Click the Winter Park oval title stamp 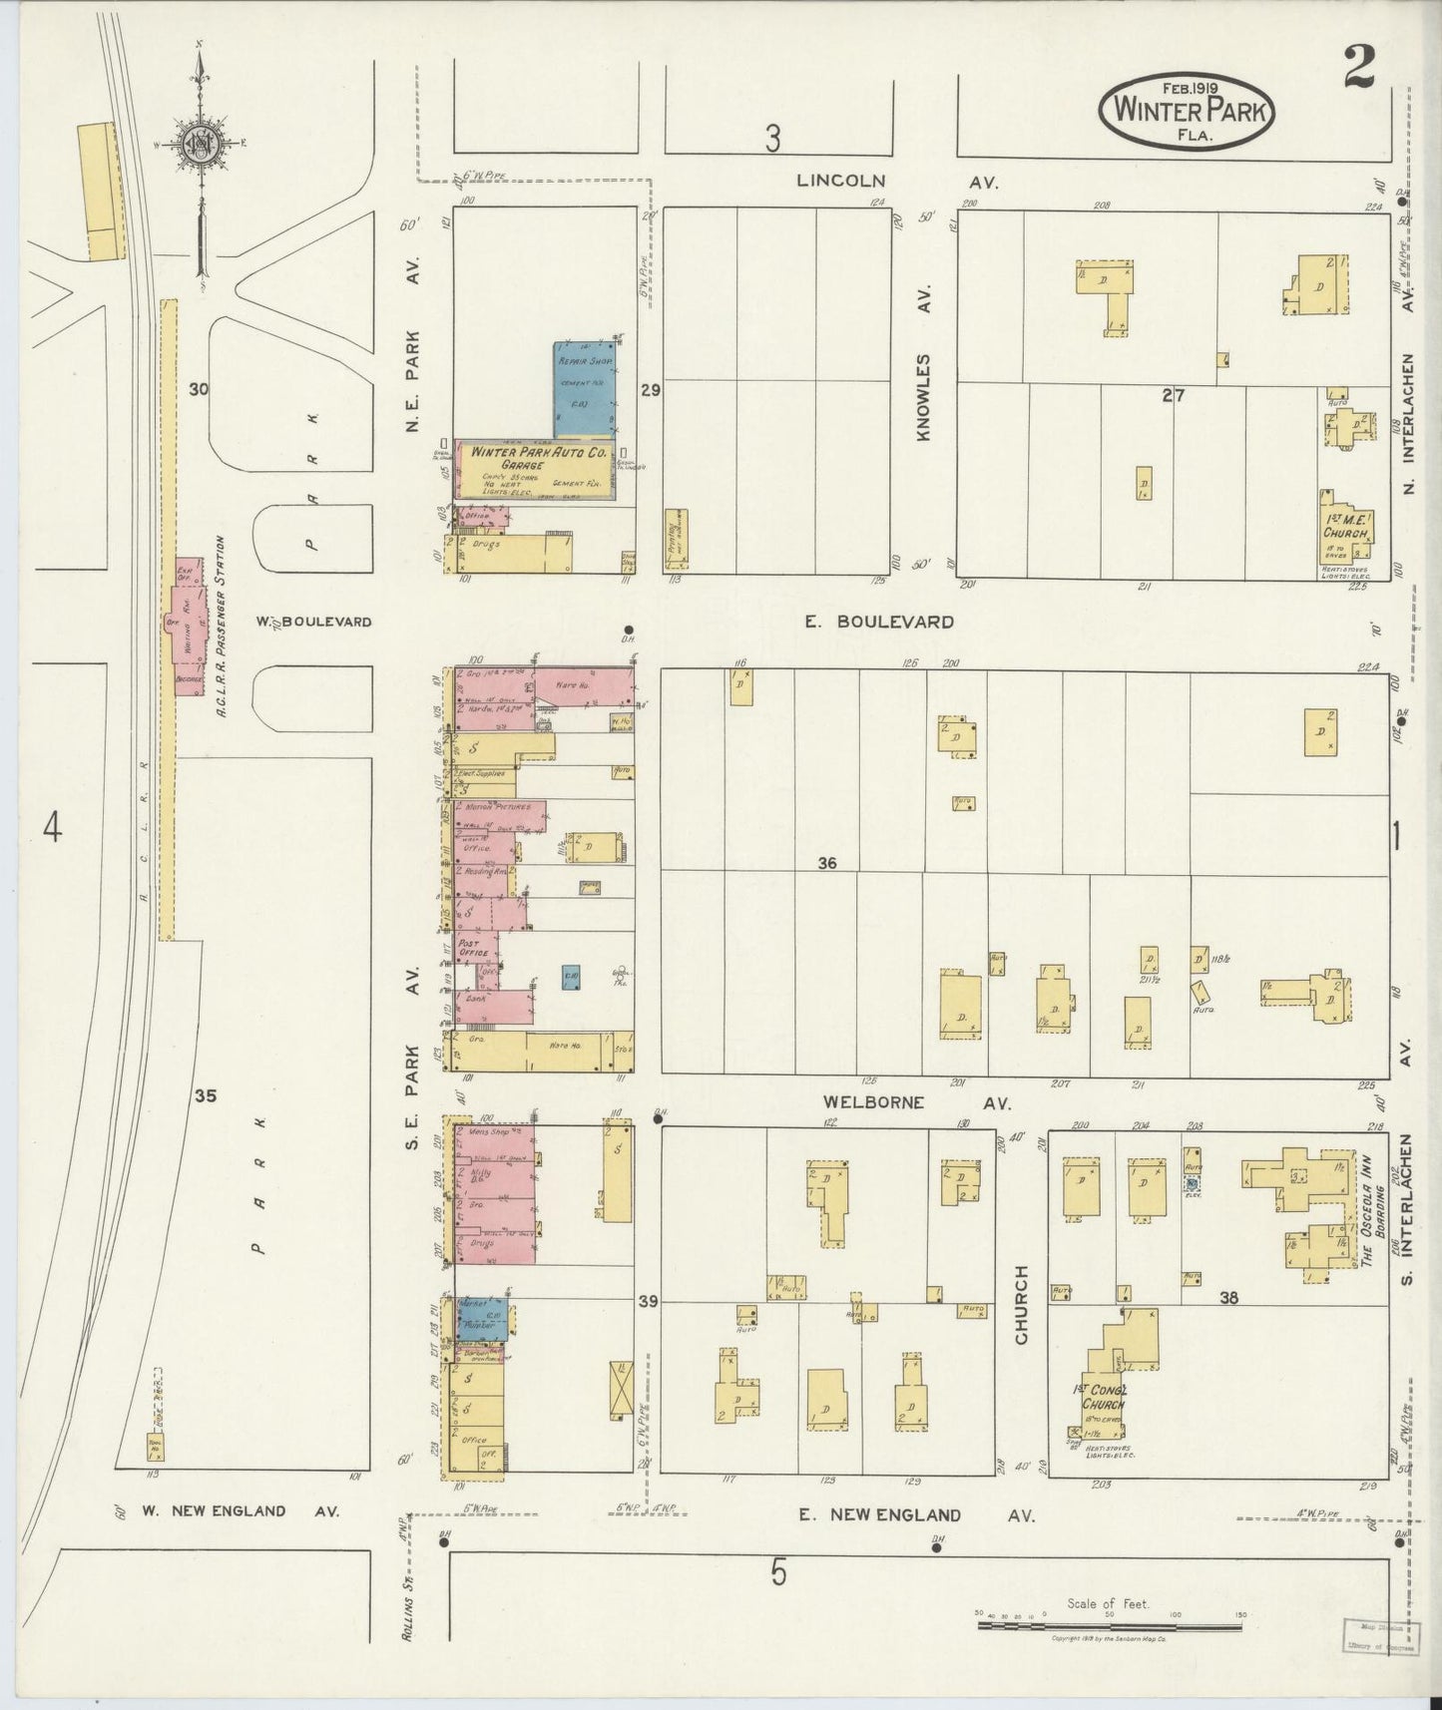[x=1188, y=114]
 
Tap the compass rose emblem [x=200, y=146]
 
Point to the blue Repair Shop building [x=584, y=391]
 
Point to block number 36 [x=826, y=863]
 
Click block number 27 [x=1173, y=396]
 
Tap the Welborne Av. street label [x=915, y=1102]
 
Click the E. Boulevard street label [x=879, y=622]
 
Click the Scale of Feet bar [x=1108, y=1625]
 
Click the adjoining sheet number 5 [x=778, y=1573]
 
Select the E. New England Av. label [x=915, y=1514]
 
